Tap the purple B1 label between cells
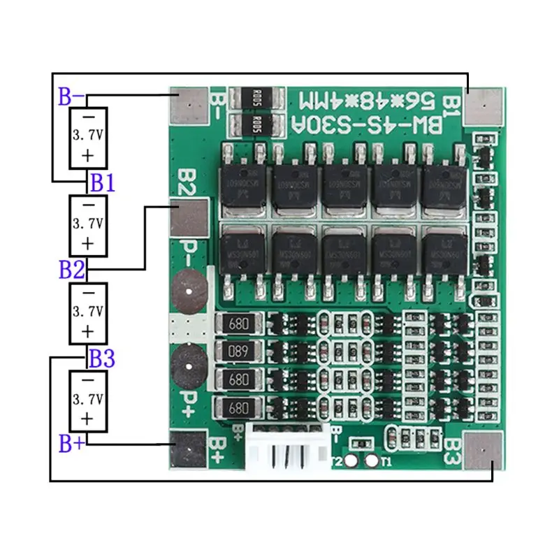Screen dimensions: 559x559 [x=102, y=183]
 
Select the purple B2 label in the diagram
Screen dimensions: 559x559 [x=72, y=268]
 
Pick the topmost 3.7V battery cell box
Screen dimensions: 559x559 [x=88, y=137]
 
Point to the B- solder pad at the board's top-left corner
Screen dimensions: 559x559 [x=189, y=106]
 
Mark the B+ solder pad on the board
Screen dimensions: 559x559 [x=189, y=450]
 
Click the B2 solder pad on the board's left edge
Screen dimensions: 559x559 [x=189, y=217]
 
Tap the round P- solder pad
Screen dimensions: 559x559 [x=189, y=289]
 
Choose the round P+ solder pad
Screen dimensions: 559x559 [x=189, y=361]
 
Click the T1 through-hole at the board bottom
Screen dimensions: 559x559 [x=372, y=461]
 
